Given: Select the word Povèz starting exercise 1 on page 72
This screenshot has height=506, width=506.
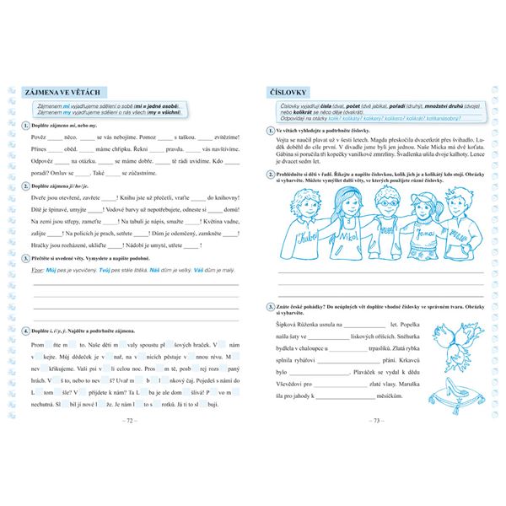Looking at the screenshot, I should [x=38, y=136].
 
